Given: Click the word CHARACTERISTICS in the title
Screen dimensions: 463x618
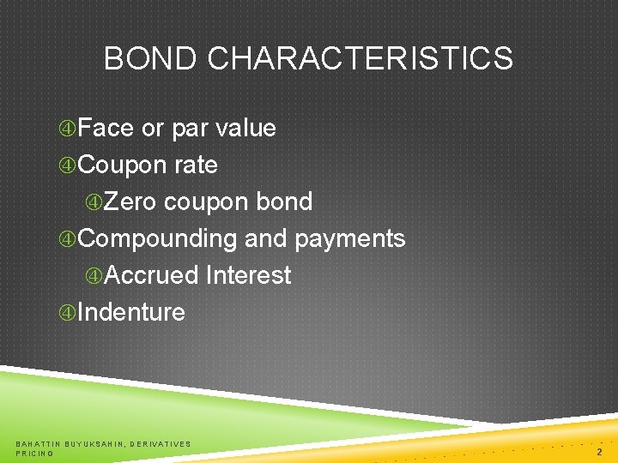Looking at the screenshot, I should pos(360,59).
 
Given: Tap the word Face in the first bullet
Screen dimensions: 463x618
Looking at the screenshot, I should pos(106,129).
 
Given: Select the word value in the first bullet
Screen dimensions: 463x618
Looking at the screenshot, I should pos(245,129).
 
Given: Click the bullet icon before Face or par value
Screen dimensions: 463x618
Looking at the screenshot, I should pos(68,129).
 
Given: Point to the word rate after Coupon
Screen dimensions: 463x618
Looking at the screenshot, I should pos(195,165).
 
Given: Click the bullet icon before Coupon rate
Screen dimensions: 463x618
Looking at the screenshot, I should pos(68,165).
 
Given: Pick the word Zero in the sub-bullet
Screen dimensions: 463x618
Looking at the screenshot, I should pos(132,202).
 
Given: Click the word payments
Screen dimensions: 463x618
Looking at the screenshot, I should pos(349,238).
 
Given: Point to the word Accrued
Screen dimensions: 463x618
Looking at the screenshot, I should pos(152,275).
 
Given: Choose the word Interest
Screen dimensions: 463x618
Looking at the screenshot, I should pos(248,275).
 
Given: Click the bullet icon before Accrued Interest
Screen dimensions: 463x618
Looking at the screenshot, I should pos(94,276).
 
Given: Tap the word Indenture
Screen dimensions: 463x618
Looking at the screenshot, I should pos(131,312).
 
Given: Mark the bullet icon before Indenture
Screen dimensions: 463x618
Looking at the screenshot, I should pos(68,313).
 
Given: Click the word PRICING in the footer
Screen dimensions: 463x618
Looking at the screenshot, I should pos(35,453).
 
